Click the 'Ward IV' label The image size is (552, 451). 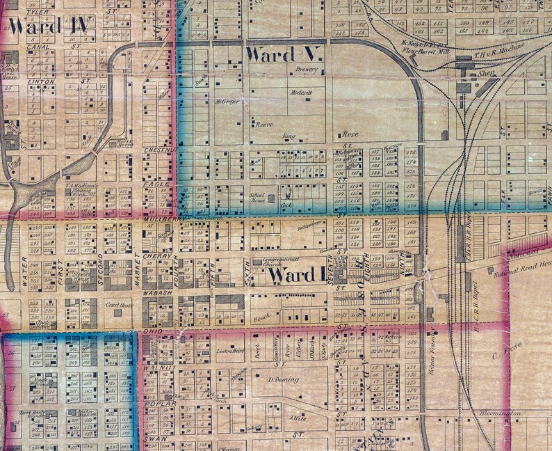(x=49, y=27)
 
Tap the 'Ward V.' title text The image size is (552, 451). (x=283, y=54)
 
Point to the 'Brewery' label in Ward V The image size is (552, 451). (x=307, y=70)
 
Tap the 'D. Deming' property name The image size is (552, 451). (x=283, y=379)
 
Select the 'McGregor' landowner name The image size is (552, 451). (x=227, y=102)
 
